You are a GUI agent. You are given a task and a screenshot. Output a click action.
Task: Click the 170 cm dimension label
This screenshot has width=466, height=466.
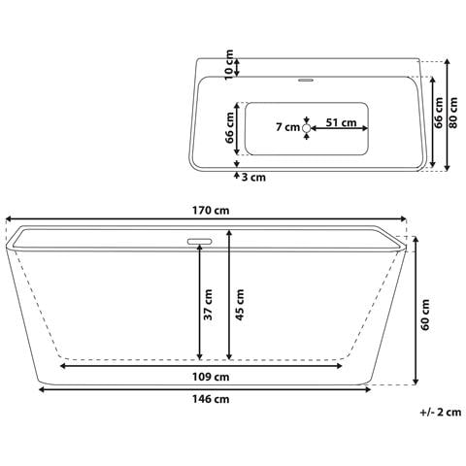click(x=209, y=210)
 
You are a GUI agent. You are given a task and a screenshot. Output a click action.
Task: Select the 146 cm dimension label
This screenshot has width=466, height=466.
click(x=209, y=399)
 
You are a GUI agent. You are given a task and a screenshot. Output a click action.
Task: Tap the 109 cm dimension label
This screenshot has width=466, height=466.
click(x=209, y=377)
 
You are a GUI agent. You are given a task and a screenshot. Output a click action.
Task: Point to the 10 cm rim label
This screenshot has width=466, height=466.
click(x=230, y=66)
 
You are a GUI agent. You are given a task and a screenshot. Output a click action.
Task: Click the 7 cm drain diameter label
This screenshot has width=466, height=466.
click(x=286, y=127)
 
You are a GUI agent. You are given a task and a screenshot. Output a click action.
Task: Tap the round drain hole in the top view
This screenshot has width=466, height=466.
click(x=306, y=127)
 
